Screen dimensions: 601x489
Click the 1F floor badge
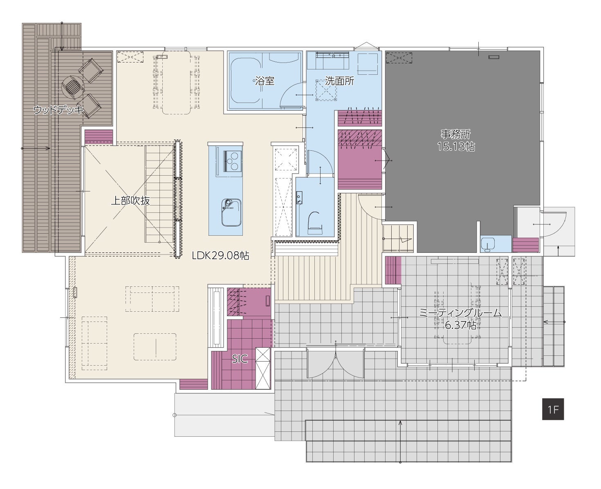(553, 409)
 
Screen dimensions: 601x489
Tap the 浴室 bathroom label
(265, 81)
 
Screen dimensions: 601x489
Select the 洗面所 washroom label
(339, 81)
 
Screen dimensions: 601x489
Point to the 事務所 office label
(456, 134)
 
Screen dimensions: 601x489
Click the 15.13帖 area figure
(456, 147)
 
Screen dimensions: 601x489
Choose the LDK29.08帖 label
(220, 256)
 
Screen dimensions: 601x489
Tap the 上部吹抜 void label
(130, 201)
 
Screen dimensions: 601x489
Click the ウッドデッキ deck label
(58, 110)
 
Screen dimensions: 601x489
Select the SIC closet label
(240, 359)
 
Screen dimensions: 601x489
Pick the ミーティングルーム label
(460, 313)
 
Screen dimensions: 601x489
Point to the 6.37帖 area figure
(460, 325)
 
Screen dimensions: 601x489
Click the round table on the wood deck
(73, 87)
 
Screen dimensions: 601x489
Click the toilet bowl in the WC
(315, 222)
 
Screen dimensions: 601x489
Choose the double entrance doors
(336, 363)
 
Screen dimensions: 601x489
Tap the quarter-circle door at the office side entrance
(553, 224)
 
